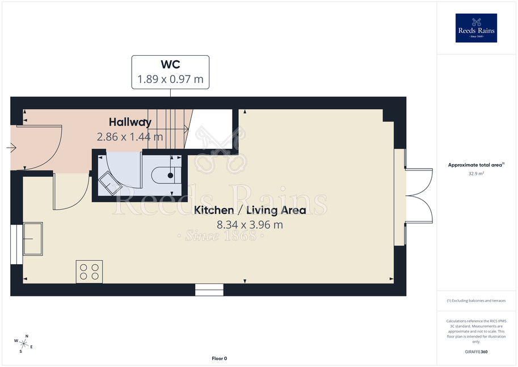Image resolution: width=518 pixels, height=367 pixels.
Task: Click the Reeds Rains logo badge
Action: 476,28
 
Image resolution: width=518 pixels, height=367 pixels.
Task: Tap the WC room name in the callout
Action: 170,64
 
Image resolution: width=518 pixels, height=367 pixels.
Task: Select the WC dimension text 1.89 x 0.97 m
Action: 170,80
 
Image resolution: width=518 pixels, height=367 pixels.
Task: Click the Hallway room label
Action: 130,122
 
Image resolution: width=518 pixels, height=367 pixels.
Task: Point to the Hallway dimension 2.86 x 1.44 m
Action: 130,137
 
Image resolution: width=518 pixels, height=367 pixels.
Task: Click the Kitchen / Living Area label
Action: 250,210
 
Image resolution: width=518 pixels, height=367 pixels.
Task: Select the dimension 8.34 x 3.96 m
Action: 250,225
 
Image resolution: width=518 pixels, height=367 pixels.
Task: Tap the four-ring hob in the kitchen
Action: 89,272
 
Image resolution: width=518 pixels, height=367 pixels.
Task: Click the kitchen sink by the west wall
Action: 33,239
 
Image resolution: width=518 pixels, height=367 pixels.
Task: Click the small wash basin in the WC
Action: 110,183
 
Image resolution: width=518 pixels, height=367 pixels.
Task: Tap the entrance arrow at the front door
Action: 11,148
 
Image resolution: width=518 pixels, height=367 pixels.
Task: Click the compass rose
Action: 23,344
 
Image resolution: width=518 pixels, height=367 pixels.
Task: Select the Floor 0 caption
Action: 220,358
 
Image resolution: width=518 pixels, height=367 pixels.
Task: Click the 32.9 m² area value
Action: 476,173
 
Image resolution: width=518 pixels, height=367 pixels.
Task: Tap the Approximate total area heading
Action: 475,165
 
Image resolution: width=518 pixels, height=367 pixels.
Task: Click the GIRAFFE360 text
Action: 476,352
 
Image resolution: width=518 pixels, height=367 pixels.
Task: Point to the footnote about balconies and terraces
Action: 476,301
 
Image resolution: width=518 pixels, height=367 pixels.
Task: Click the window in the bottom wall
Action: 209,290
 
